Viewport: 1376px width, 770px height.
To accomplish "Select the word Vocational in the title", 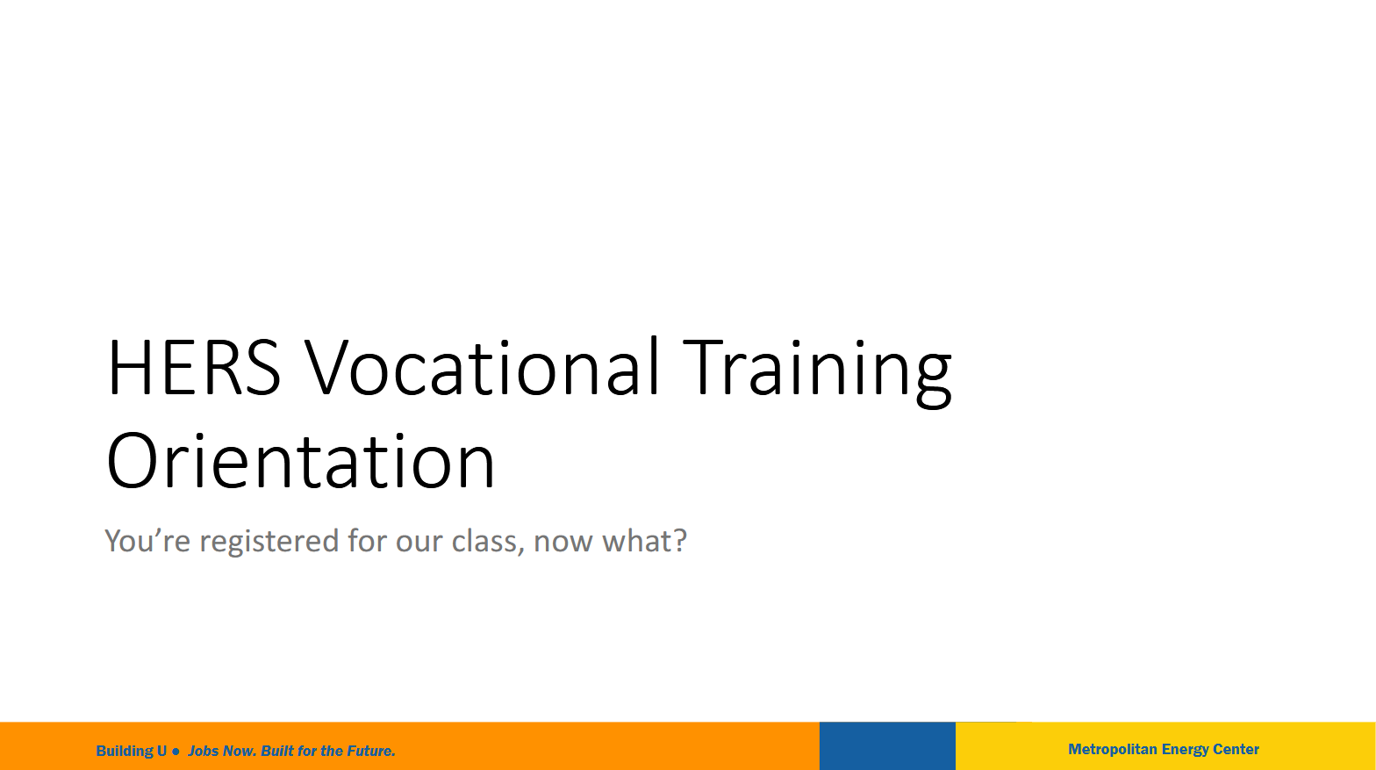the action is (482, 366).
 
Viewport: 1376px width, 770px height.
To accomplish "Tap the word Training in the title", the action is (817, 372).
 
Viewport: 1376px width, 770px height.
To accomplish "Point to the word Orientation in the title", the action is (301, 460).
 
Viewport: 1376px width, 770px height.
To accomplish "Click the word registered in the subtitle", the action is (269, 542).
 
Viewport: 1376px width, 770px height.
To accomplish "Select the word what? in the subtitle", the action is (644, 540).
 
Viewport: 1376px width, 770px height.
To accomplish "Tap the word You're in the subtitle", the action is (147, 540).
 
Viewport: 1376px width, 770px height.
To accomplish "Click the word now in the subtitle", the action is (564, 543).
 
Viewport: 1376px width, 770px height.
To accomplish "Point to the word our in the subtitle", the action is (419, 543).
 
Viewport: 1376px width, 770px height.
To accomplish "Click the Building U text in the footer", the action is (132, 751).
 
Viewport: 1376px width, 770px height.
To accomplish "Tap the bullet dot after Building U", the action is (176, 752).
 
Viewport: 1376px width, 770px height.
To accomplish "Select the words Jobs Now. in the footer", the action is (222, 751).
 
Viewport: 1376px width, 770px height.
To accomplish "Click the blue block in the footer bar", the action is (888, 746).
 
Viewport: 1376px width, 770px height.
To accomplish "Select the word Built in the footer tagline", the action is (277, 751).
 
